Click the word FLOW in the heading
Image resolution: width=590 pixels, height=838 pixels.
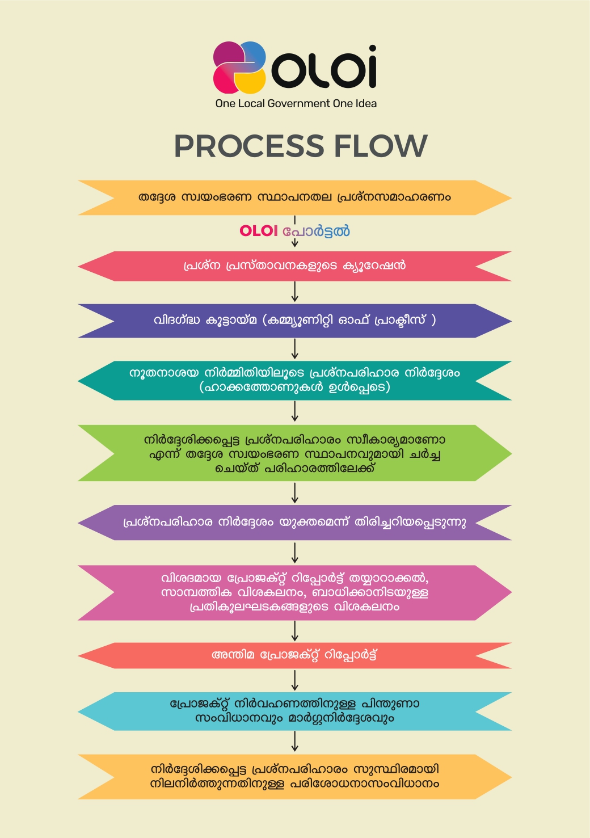coord(380,146)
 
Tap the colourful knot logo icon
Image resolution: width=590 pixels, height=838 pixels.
coord(239,68)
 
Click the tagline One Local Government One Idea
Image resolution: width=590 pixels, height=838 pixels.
coord(296,104)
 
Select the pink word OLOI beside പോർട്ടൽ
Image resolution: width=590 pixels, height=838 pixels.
coord(259,231)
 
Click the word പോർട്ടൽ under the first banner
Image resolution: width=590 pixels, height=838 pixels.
coord(316,231)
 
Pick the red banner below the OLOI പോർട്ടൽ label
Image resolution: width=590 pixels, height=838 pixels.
coord(294,266)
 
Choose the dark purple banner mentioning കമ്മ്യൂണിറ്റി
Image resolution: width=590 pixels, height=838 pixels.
coord(294,321)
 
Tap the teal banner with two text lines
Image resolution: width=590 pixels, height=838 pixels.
coord(294,380)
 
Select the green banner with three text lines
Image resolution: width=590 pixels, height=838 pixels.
coord(294,453)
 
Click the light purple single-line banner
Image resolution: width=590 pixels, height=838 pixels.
coord(294,522)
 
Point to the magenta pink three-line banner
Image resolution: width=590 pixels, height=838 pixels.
coord(294,592)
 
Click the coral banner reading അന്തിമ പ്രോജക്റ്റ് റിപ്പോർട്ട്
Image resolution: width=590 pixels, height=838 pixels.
coord(294,655)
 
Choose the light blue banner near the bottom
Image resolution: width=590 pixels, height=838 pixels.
coord(294,711)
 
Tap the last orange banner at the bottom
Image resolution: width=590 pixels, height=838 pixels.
coord(294,777)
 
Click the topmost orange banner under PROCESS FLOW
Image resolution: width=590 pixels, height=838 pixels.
coord(294,197)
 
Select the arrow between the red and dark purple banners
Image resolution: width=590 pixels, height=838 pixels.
coord(295,292)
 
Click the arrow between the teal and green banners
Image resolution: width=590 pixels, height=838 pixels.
coord(295,412)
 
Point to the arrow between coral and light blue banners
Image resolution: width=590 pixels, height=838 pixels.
coord(295,680)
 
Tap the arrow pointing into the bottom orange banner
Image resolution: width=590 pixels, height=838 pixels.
coord(295,742)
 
